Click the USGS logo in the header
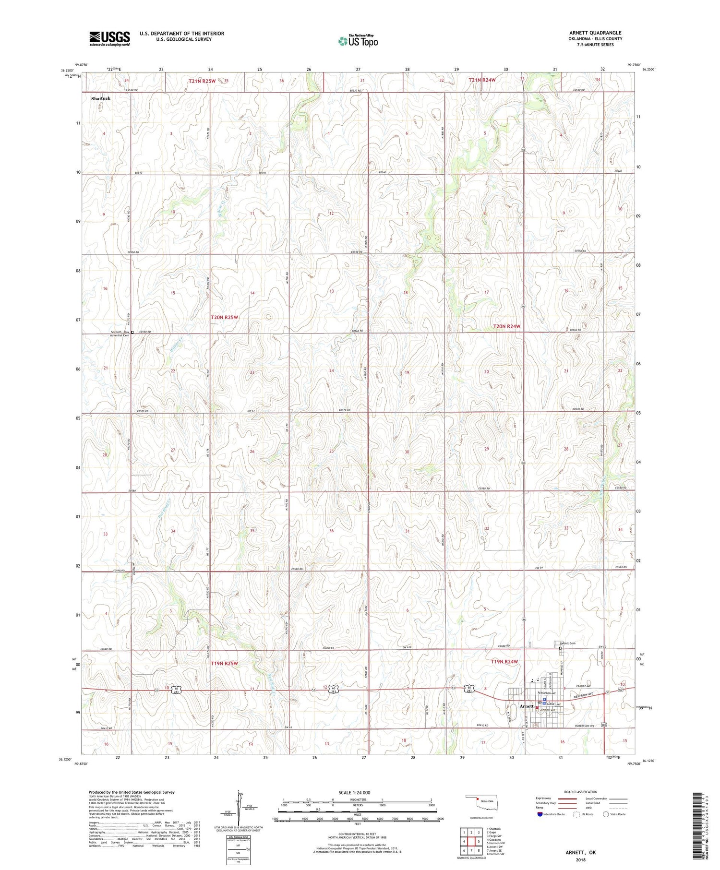click(109, 38)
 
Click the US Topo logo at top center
click(358, 41)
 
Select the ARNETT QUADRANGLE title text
click(595, 33)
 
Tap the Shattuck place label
click(101, 98)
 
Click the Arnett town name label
click(527, 706)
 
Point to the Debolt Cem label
click(567, 644)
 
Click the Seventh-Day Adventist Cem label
click(119, 334)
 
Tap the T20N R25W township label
click(224, 317)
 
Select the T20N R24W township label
click(506, 326)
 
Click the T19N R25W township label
click(224, 663)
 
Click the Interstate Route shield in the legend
click(540, 814)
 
